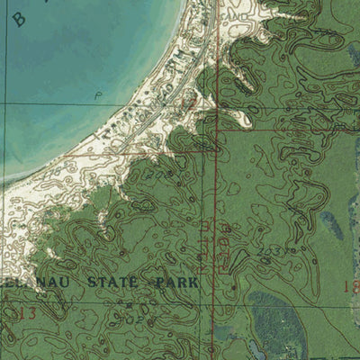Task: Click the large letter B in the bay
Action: (x=19, y=19)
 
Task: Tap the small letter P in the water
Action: (x=95, y=93)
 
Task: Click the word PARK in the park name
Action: (x=175, y=282)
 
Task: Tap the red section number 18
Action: (x=351, y=286)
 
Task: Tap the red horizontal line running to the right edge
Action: (x=288, y=129)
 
